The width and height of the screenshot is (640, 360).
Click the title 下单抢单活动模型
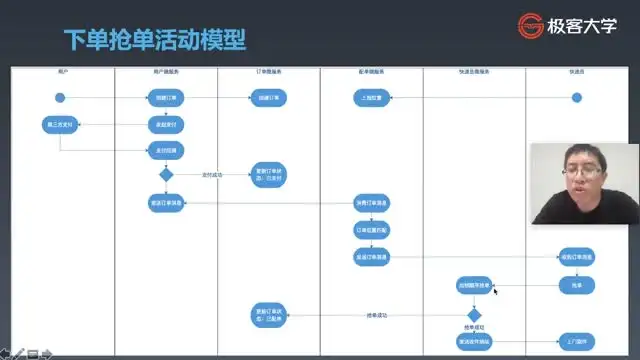coord(154,41)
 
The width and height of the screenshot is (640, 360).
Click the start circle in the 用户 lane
coord(60,97)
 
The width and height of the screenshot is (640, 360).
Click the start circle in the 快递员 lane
coord(576,97)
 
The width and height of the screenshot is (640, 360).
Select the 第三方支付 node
coord(60,125)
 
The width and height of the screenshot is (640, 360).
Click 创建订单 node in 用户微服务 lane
coord(166,97)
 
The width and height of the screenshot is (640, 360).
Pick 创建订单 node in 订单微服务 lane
coord(269,97)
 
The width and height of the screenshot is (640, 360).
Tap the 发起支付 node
coord(166,125)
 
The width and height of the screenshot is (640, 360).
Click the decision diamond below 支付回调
coord(166,174)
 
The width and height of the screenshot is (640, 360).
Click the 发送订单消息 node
coord(166,203)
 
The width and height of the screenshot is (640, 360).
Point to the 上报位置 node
coord(372,97)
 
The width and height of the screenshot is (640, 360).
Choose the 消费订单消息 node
coord(372,203)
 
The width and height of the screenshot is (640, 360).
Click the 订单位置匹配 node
coord(372,229)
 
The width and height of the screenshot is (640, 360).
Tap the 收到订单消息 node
coord(576,257)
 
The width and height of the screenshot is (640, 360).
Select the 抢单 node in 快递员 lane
coord(576,286)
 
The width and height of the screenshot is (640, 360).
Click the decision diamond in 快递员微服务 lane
coord(474,314)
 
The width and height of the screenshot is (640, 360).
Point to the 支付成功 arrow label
coord(212,174)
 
